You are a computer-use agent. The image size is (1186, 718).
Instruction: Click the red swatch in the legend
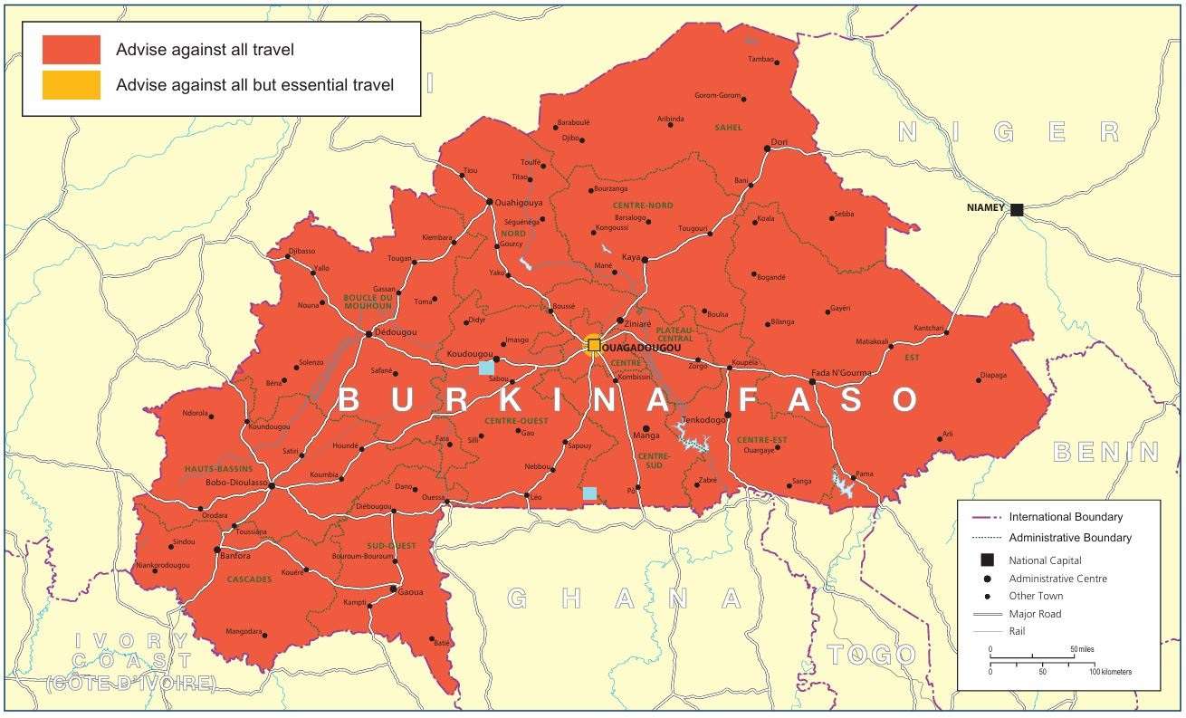[x=72, y=50]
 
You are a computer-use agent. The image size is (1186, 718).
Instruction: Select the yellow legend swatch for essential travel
[x=72, y=85]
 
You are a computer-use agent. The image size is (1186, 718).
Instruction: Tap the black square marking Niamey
[x=1017, y=210]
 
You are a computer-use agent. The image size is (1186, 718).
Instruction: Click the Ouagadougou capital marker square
[x=594, y=345]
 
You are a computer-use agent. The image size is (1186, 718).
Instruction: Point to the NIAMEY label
[x=985, y=208]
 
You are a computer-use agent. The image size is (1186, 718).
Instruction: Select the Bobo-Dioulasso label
[x=236, y=483]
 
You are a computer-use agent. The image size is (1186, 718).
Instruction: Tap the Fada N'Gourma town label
[x=840, y=373]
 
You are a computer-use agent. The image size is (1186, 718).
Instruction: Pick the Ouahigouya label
[x=521, y=203]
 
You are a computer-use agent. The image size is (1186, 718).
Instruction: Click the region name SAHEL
[x=728, y=128]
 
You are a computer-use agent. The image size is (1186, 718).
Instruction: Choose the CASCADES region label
[x=249, y=579]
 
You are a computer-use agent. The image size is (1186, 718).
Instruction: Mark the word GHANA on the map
[x=625, y=598]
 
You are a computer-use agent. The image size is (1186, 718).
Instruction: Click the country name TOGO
[x=872, y=655]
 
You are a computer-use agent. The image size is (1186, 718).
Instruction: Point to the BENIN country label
[x=1106, y=452]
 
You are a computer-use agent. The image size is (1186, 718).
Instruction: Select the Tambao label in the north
[x=760, y=60]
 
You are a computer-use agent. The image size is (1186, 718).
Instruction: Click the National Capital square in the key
[x=987, y=560]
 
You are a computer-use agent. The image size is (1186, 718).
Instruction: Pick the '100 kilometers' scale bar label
[x=1109, y=672]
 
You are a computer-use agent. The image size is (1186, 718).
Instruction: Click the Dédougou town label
[x=395, y=332]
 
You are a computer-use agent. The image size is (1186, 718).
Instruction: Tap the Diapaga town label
[x=993, y=375]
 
